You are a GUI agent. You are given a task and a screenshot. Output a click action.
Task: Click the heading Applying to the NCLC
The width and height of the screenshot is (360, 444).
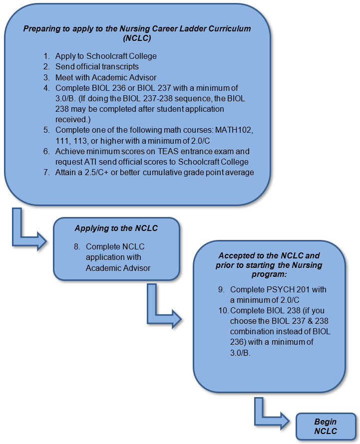point(116,228)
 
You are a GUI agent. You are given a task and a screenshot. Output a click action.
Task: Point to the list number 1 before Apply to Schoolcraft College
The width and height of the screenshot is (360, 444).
point(45,56)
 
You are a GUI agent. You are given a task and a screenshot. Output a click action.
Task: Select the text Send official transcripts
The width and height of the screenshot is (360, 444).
point(97,66)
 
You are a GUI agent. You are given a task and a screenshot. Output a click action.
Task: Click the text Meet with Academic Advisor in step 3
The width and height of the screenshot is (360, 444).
point(106,77)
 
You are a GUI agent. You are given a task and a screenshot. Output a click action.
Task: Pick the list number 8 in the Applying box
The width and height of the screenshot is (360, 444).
point(76,246)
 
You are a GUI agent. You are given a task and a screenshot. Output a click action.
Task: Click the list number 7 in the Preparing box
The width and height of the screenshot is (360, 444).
point(45,172)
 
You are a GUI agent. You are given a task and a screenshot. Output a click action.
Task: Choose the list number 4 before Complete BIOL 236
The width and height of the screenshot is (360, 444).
point(45,87)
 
